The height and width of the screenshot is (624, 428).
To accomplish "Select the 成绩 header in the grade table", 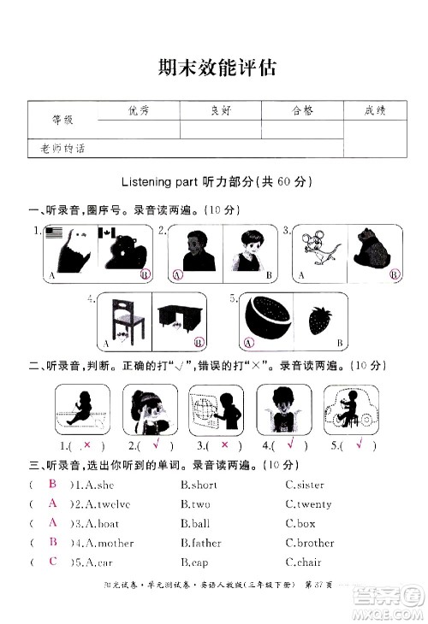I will pyautogui.click(x=375, y=110).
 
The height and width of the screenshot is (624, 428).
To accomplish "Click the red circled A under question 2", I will pyautogui.click(x=176, y=275).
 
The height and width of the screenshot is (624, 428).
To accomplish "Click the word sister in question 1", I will pyautogui.click(x=305, y=485).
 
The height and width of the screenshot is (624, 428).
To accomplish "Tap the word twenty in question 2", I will pyautogui.click(x=308, y=504).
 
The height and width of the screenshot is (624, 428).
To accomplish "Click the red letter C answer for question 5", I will pyautogui.click(x=53, y=561).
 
